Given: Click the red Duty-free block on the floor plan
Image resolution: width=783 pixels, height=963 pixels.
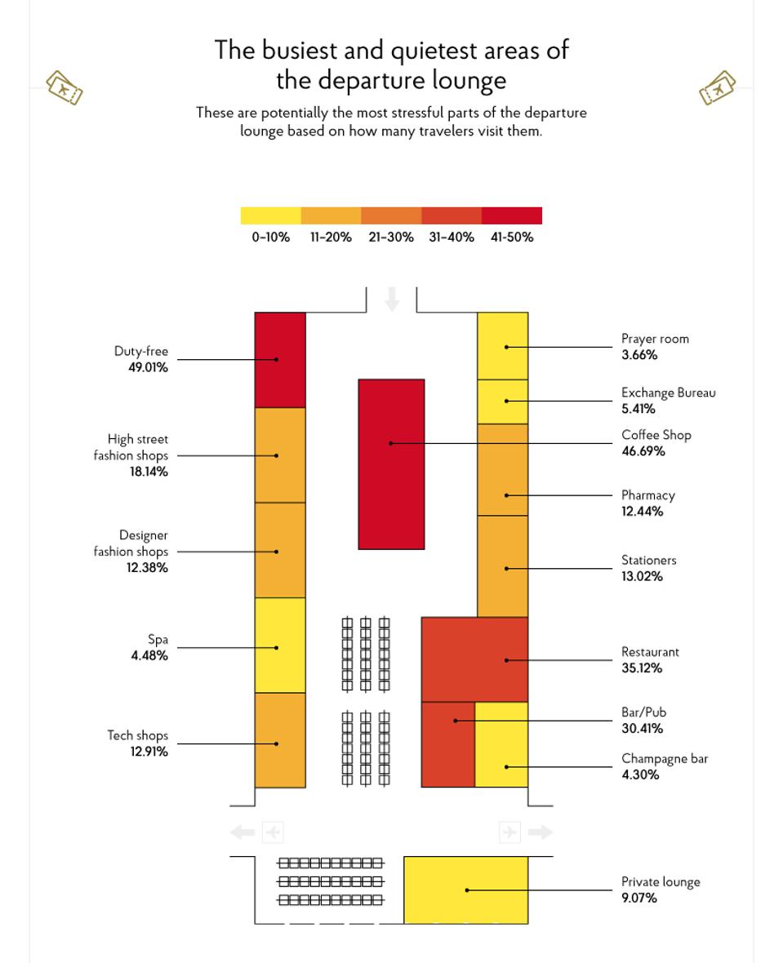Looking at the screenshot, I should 280,359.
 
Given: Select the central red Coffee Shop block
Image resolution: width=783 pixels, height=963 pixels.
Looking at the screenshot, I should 391,464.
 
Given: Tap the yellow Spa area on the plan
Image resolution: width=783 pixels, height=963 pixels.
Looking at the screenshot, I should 280,645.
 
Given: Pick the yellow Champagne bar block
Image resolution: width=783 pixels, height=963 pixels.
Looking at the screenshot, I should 501,744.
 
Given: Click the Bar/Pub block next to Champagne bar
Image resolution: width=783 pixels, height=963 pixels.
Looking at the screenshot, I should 447,744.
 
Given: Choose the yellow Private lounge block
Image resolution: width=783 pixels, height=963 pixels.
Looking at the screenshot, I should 465,890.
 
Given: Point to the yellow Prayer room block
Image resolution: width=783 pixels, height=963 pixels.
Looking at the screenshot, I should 503,346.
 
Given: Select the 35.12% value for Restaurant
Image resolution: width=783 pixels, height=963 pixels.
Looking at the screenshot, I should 642,668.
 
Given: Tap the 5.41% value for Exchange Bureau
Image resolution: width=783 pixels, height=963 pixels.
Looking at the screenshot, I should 638,409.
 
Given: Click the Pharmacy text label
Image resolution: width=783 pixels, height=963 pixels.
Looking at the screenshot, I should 648,495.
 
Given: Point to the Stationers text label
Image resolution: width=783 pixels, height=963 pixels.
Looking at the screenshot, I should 648,561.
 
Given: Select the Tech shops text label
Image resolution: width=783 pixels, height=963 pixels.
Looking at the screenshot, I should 137,735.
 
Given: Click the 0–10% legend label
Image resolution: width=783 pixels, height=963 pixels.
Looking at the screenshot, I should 270,237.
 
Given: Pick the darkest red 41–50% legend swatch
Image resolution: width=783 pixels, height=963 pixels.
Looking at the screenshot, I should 511,215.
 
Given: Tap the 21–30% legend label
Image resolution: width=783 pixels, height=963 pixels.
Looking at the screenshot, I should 391,237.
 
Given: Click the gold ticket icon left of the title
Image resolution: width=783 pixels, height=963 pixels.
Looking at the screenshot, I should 65,87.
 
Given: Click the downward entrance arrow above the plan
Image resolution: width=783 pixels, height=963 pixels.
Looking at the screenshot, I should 392,299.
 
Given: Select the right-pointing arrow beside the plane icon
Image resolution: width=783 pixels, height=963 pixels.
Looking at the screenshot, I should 540,832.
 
